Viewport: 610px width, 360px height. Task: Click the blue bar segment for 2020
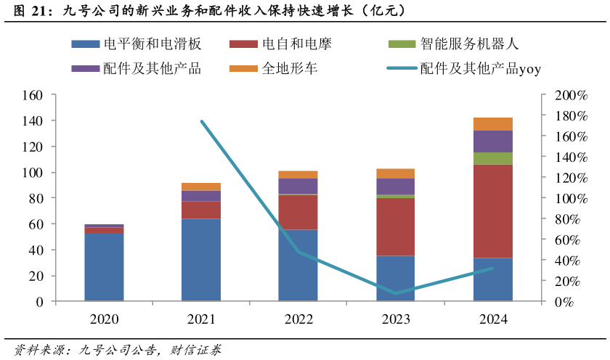pos(104,266)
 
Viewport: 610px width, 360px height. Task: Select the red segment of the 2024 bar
pos(492,211)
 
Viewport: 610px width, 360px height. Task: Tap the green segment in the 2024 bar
pos(492,158)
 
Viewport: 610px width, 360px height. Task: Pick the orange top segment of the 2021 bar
pos(201,187)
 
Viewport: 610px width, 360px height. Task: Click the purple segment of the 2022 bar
pos(298,186)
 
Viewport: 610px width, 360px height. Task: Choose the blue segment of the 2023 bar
pos(395,278)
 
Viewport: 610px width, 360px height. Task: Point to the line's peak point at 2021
pos(201,121)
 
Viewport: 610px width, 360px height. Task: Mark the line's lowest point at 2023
pos(395,293)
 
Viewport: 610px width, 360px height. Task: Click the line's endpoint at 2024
pos(492,269)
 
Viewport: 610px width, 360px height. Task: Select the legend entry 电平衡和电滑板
pos(137,44)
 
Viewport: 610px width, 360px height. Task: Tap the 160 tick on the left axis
pos(34,95)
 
